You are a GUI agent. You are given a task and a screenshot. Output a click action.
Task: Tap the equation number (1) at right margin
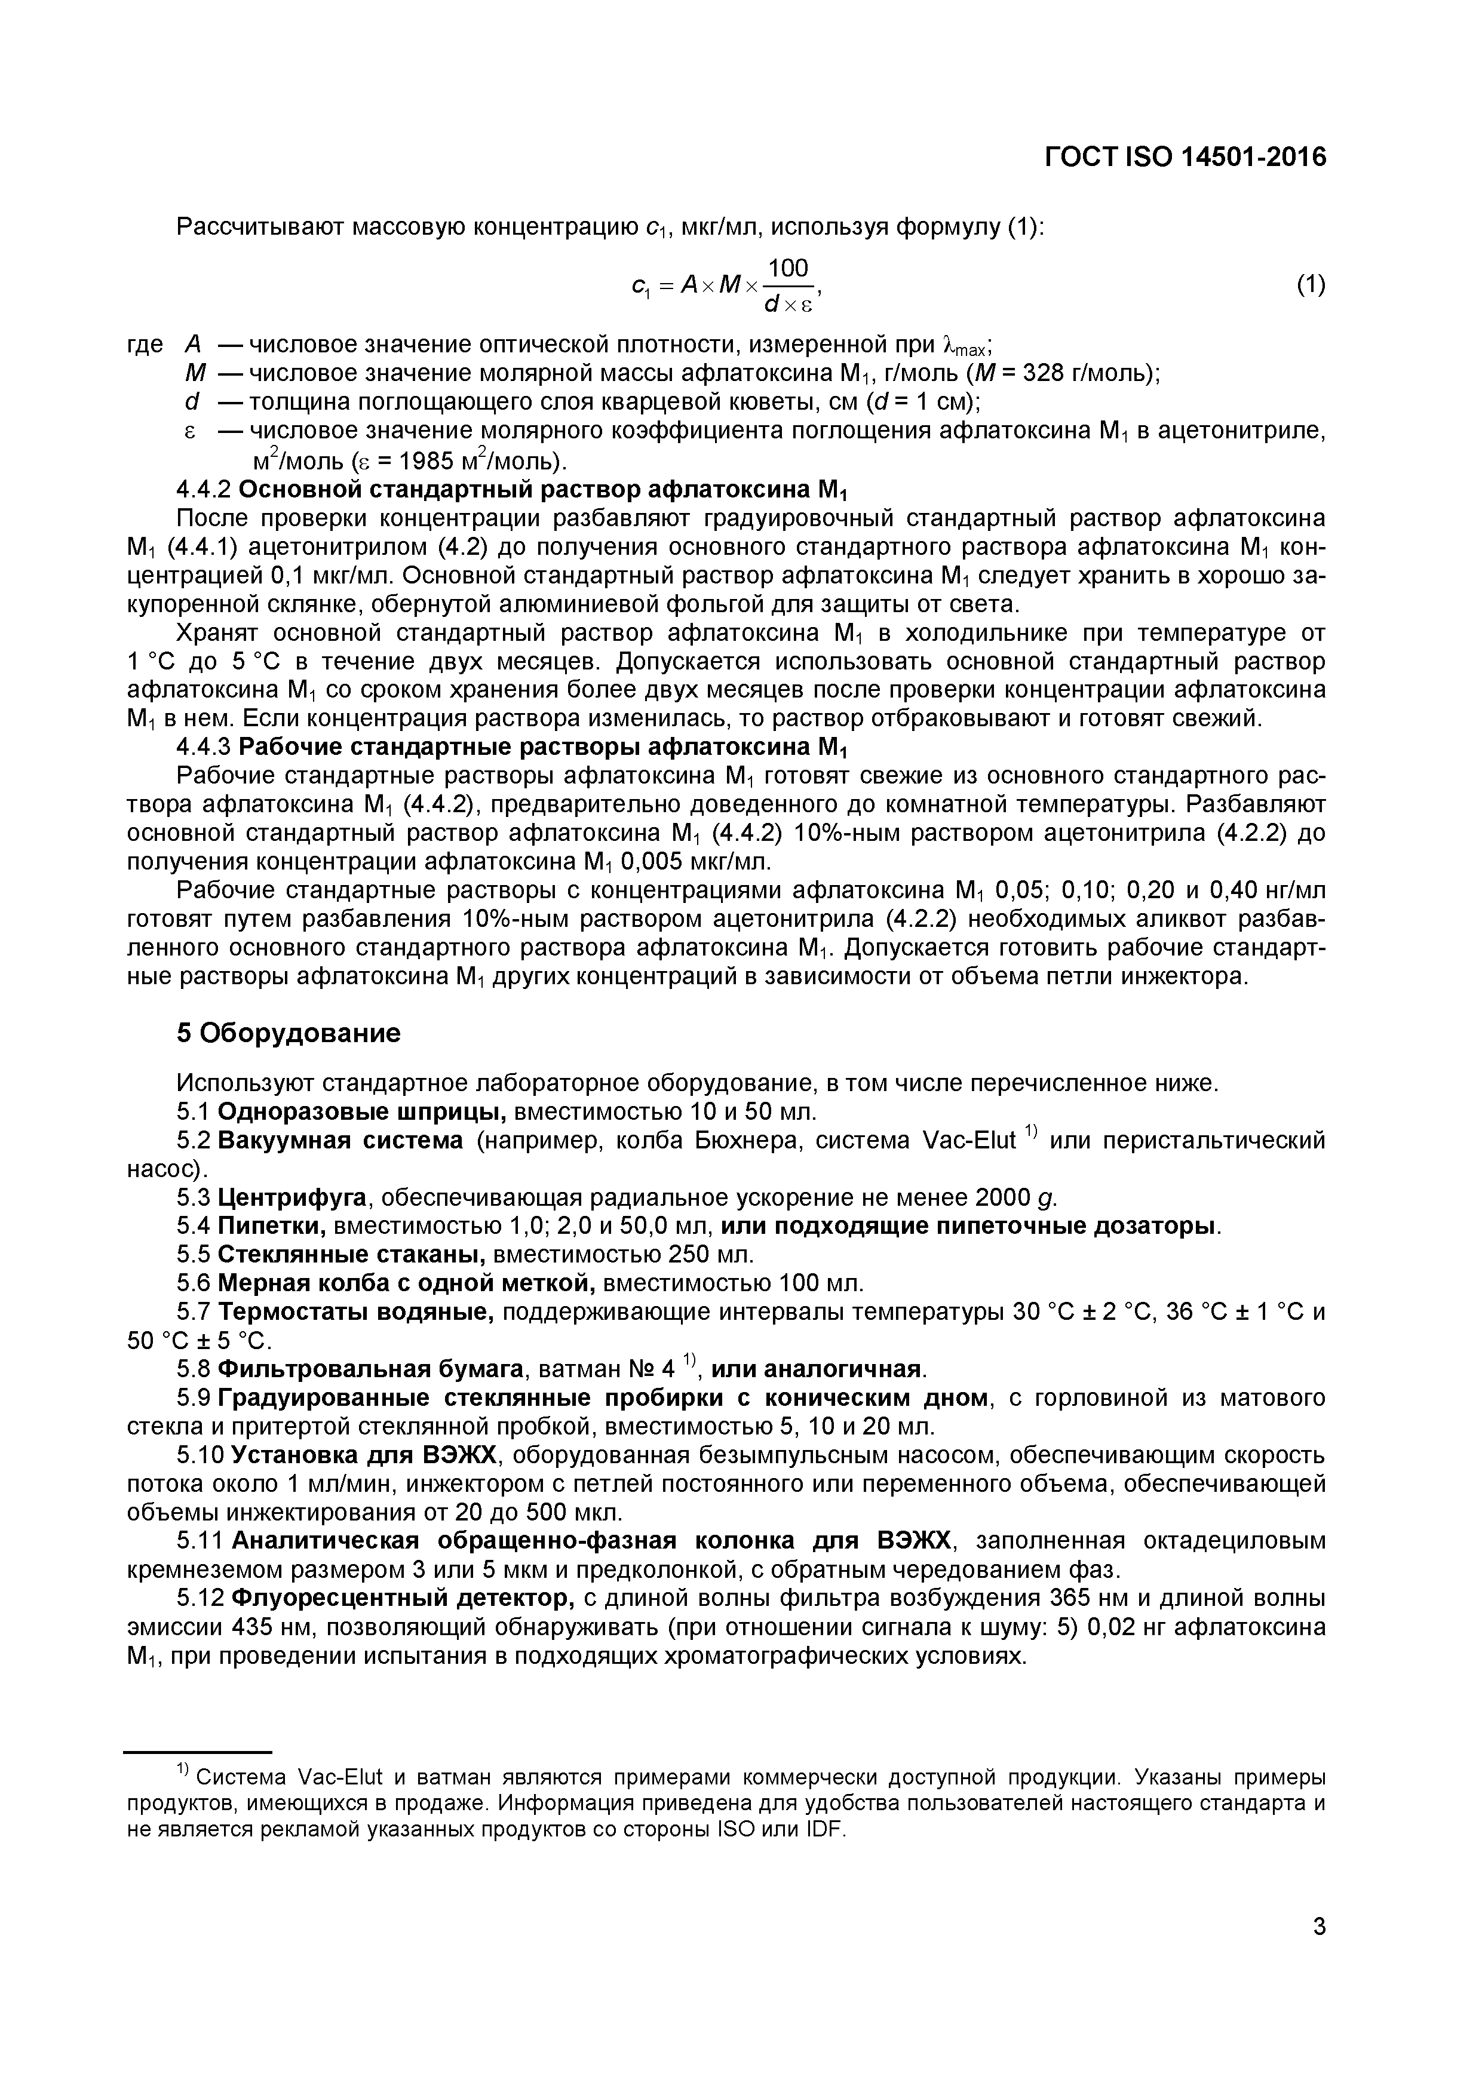click(1311, 285)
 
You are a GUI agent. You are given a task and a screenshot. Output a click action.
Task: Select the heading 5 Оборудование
click(289, 1033)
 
